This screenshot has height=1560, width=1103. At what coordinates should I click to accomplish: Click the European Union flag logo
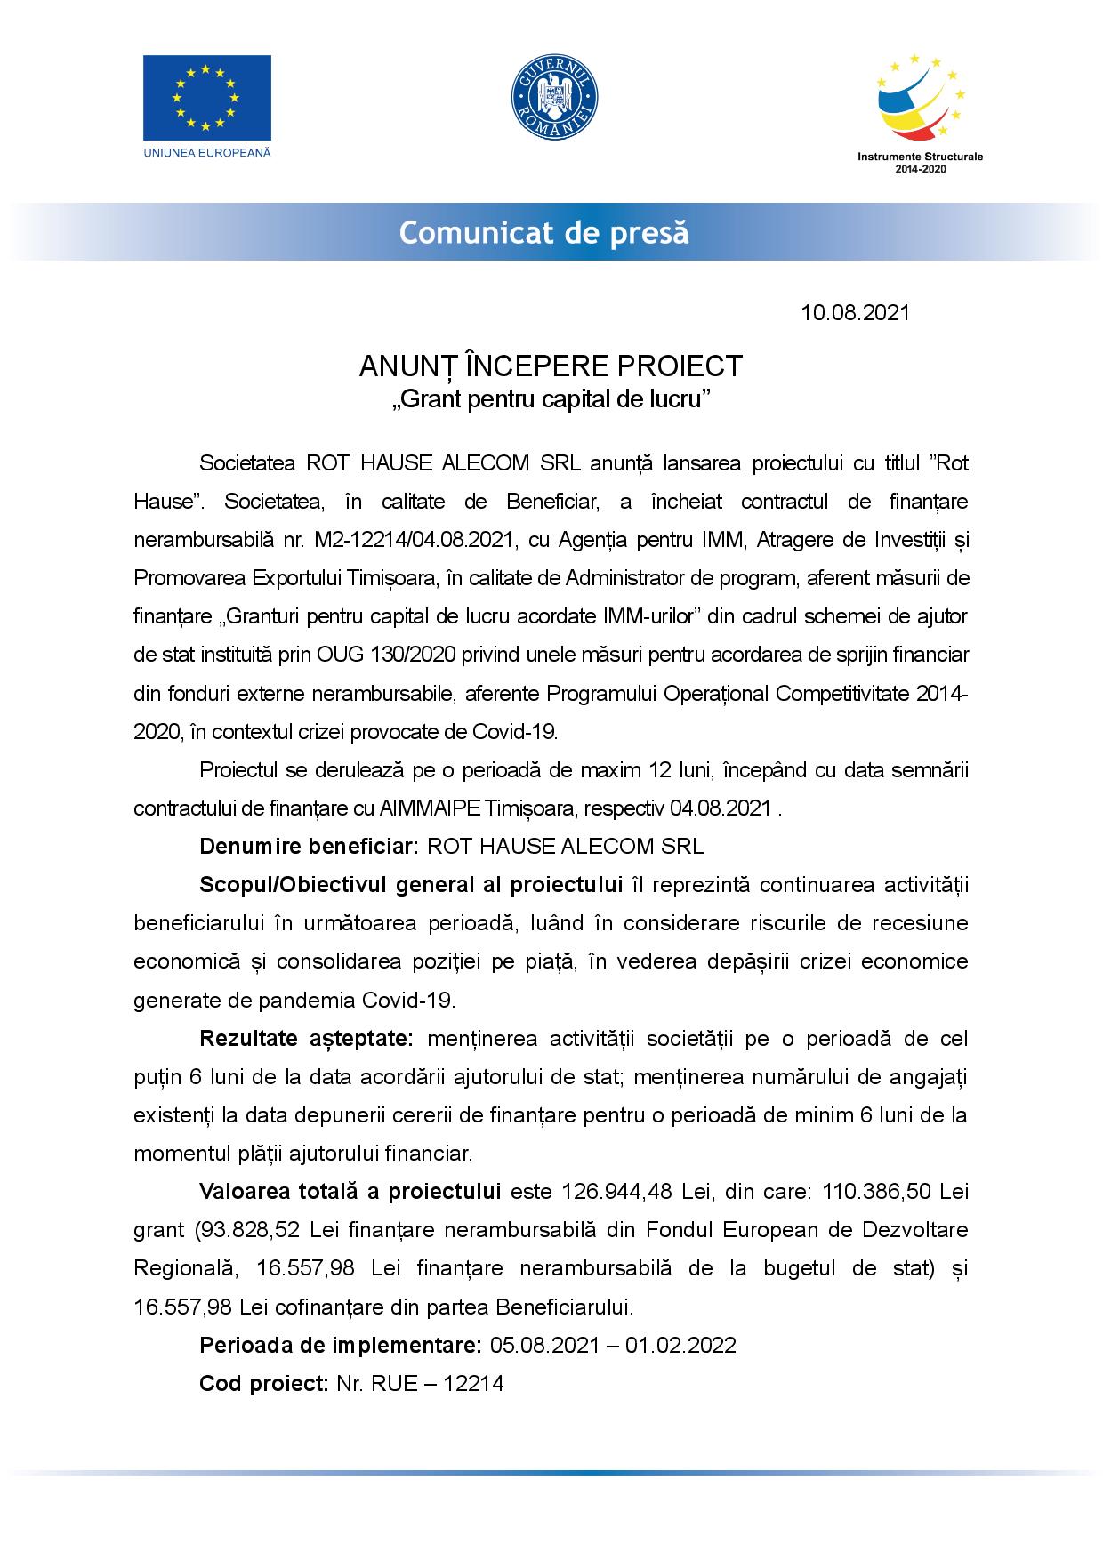(206, 96)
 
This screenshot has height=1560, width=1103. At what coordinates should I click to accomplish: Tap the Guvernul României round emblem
(553, 97)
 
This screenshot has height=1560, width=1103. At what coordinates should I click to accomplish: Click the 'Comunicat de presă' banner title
(543, 233)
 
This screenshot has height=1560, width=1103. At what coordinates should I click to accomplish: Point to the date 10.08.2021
(855, 313)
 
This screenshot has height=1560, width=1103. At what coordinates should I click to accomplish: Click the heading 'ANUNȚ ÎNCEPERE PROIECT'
(551, 366)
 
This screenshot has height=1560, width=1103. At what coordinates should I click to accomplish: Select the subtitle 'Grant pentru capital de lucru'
(551, 398)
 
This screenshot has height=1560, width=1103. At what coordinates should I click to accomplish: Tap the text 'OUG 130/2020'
(386, 655)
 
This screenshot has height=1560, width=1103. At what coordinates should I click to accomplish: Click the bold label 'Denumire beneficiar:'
(309, 846)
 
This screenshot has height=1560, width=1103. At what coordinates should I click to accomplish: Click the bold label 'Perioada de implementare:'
(340, 1345)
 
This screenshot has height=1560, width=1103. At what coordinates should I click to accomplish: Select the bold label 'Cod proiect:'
(264, 1384)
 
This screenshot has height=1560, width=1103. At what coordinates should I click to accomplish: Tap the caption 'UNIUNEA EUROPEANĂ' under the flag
(206, 152)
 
